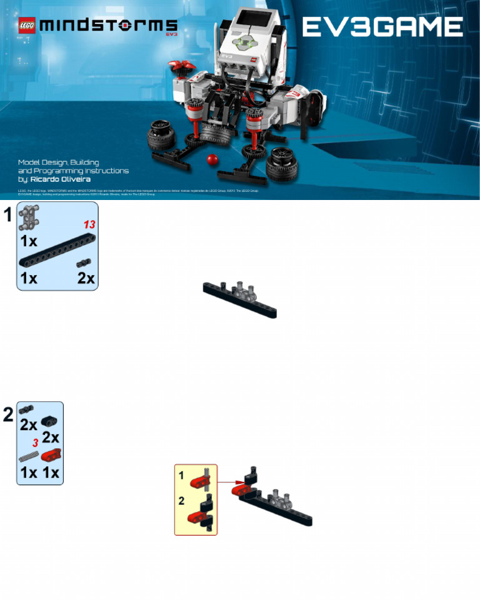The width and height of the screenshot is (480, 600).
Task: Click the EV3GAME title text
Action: tap(382, 26)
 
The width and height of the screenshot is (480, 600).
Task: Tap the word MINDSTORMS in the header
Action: tap(108, 26)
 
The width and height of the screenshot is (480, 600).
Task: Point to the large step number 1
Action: tap(7, 215)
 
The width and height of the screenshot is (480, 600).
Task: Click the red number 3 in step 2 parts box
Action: tap(36, 442)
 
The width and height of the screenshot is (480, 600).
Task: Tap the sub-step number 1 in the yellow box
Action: tap(181, 475)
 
